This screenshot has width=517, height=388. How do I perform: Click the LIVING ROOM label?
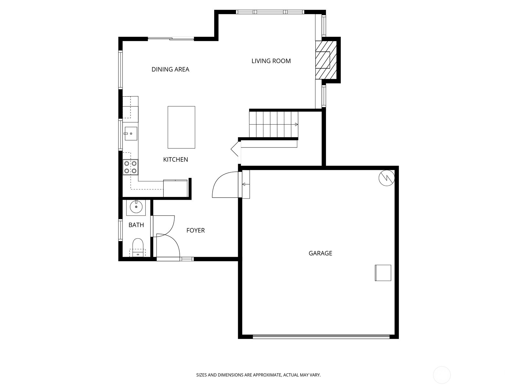click(271, 61)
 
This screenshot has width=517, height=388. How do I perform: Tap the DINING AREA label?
click(170, 69)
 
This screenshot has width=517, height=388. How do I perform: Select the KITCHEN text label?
click(175, 159)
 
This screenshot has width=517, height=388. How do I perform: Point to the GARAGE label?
click(320, 253)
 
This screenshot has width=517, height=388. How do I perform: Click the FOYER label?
click(195, 230)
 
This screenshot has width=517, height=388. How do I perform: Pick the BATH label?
click(136, 225)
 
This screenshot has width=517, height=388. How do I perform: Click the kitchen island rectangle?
click(181, 127)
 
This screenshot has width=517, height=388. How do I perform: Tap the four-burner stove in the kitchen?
click(130, 167)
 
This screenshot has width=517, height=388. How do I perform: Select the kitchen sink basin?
click(131, 134)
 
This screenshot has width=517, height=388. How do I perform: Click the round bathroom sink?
click(136, 207)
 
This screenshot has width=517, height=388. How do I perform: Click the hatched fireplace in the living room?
click(323, 60)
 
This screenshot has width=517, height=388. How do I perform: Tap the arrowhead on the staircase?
click(296, 124)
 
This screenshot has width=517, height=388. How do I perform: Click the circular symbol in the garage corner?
click(386, 178)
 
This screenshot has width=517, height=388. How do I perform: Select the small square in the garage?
click(383, 273)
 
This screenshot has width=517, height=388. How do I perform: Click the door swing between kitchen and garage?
click(224, 186)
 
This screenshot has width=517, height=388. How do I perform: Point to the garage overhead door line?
click(321, 337)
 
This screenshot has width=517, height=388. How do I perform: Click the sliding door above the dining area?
click(171, 39)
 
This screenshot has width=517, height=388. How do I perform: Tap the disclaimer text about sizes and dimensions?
click(258, 375)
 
